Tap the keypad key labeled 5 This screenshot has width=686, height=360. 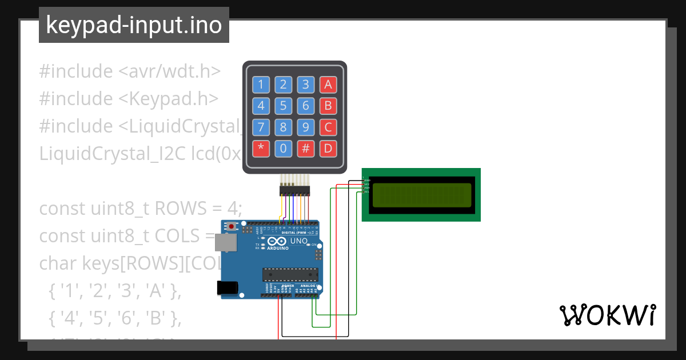(284, 106)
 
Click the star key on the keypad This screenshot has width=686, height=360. (261, 149)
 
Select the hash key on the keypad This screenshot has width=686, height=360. (306, 149)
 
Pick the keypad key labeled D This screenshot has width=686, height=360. (328, 149)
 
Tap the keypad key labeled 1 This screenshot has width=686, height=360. (261, 85)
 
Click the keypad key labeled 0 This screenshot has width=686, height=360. (284, 149)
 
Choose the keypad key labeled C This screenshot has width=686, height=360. (328, 127)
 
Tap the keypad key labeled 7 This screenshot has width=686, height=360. (261, 127)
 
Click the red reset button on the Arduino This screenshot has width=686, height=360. (231, 226)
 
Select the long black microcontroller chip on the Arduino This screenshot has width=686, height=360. (290, 274)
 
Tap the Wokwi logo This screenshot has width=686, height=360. (607, 315)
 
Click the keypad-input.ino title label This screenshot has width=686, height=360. (134, 25)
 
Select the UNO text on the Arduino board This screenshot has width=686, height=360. (299, 241)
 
